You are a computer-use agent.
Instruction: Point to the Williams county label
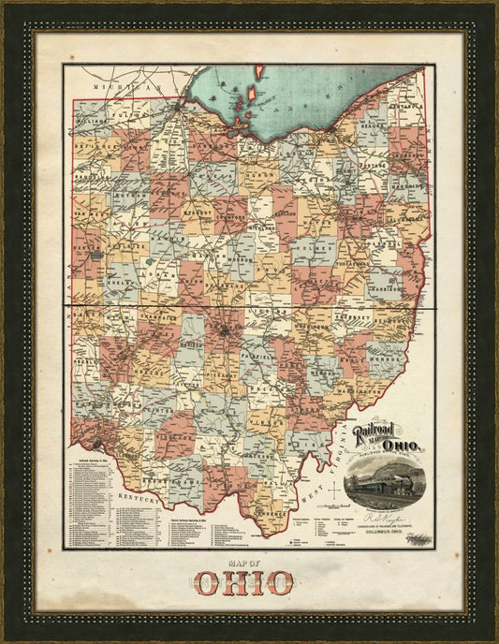(x=92, y=121)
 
